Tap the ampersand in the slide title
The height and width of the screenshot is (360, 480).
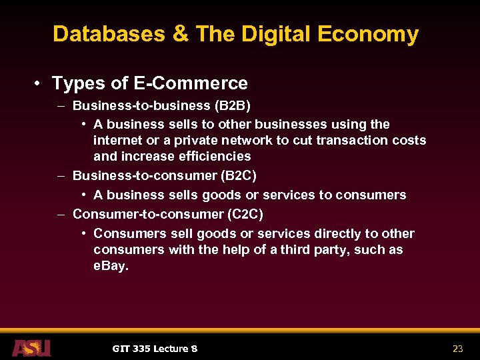click(x=181, y=34)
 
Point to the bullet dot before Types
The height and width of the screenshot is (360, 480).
click(x=39, y=83)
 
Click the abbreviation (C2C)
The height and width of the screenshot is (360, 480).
click(x=245, y=215)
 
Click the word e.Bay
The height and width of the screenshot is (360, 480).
click(x=111, y=265)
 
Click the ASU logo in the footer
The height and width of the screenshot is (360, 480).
click(x=31, y=347)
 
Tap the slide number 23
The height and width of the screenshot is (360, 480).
click(x=458, y=348)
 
